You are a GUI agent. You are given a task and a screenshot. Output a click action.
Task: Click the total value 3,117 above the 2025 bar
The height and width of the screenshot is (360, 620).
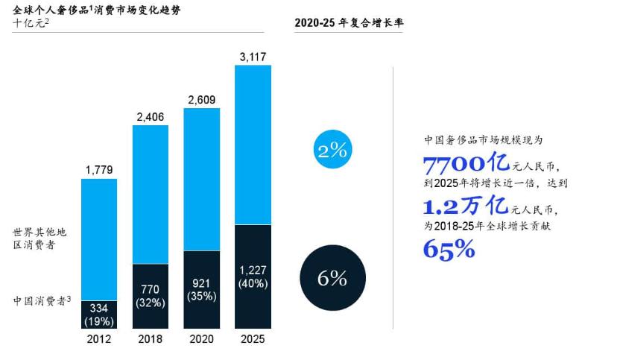252,56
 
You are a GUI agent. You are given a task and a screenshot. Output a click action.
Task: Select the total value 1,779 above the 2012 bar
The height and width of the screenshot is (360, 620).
99,170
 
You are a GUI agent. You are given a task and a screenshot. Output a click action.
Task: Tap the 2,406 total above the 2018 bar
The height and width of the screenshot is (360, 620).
150,116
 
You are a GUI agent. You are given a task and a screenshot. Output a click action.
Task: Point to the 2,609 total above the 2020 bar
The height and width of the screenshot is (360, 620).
201,99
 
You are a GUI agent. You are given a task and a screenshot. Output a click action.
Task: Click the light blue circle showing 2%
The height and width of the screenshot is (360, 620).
332,150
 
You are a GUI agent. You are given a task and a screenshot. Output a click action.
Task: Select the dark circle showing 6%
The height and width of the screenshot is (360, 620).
332,278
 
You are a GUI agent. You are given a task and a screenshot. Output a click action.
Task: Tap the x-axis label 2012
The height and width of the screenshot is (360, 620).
99,338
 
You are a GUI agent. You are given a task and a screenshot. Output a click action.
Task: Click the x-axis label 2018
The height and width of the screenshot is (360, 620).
150,338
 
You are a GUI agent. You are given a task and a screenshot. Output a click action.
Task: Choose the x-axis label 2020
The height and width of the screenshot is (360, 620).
201,338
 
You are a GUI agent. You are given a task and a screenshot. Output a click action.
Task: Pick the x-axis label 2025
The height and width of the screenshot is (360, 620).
252,338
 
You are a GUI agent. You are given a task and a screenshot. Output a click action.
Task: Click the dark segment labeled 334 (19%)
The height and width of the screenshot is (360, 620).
99,315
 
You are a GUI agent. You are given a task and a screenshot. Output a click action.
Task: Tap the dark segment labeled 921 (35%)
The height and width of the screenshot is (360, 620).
201,290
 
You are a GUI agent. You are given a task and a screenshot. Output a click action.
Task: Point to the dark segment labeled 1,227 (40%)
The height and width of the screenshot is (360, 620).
252,277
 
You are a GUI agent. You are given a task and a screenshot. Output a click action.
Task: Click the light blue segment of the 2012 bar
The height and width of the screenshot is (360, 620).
99,239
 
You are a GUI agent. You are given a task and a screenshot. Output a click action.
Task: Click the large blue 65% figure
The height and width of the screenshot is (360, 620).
449,249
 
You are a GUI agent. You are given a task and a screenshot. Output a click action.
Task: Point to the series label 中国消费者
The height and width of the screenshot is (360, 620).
42,301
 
